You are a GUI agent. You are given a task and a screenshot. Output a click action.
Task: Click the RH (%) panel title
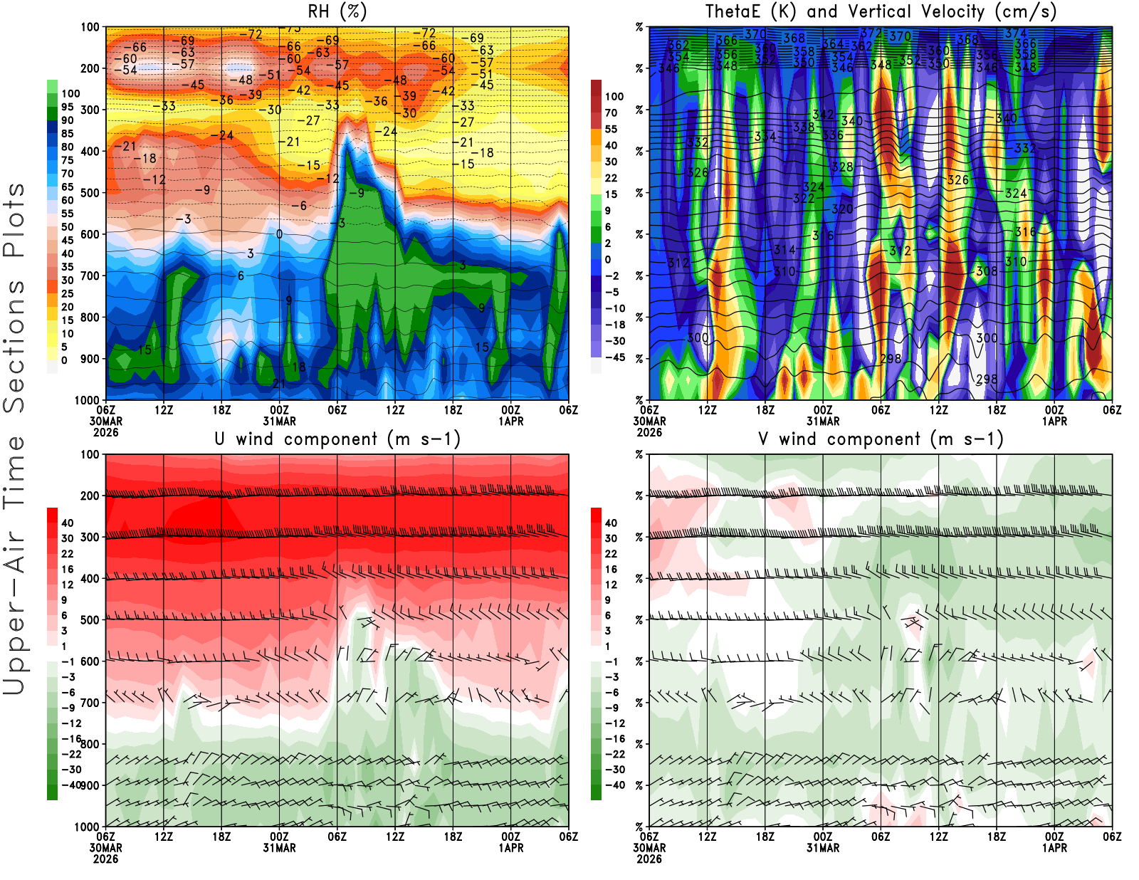point(337,11)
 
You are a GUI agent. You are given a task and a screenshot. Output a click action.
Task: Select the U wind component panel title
point(337,439)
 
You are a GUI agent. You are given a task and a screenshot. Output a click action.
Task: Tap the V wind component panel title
point(881,439)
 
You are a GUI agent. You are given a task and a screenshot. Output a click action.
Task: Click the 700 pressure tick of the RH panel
point(90,276)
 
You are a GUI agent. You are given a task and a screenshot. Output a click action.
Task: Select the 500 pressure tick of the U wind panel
point(90,620)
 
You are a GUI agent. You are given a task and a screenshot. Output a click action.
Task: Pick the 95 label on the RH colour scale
point(67,107)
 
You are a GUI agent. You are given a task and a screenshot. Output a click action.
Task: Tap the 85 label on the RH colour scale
point(67,133)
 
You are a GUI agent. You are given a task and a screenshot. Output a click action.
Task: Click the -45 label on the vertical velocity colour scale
point(614,357)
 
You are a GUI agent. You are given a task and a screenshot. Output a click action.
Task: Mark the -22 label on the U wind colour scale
point(71,754)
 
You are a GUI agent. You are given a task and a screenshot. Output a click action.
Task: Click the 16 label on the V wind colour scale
point(611,569)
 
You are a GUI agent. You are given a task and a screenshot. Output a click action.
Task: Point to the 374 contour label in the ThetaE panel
point(1015,33)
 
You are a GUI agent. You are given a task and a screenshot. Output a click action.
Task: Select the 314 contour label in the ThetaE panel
point(784,249)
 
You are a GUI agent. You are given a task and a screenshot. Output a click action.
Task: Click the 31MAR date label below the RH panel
point(280,421)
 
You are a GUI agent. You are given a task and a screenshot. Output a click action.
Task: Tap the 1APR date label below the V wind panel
point(1054,848)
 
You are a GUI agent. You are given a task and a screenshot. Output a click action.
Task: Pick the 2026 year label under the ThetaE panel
point(649,432)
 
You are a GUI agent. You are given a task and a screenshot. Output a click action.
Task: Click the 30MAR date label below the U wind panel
point(106,848)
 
